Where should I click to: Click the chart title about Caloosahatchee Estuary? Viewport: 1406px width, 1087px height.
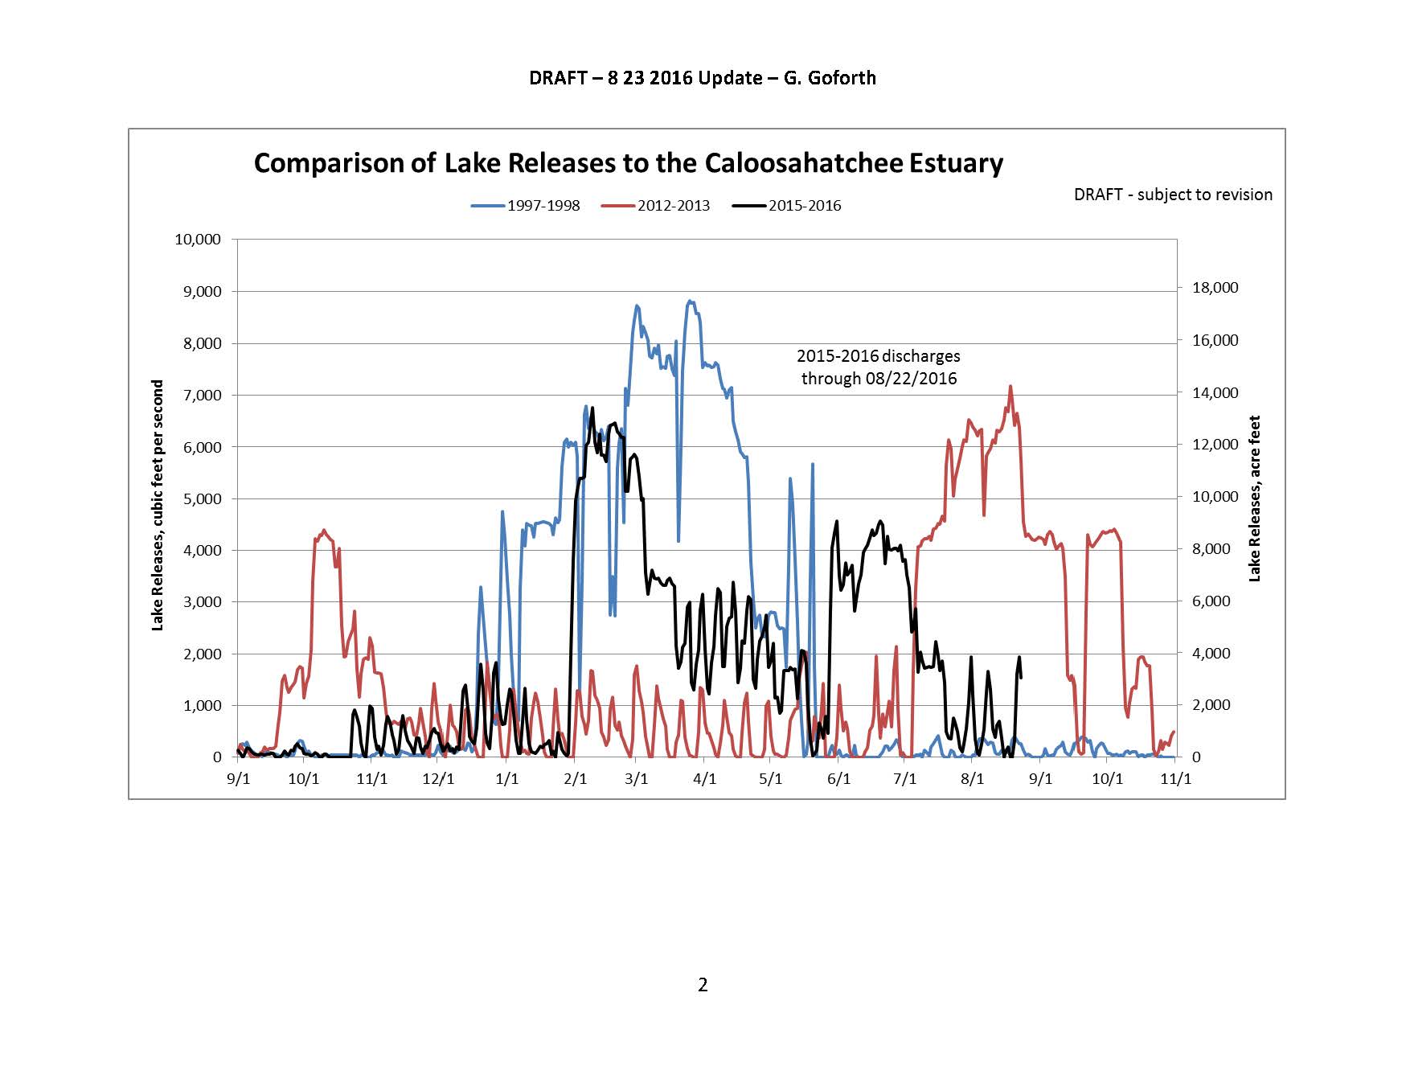point(628,163)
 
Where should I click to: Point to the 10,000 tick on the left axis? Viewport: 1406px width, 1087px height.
point(198,240)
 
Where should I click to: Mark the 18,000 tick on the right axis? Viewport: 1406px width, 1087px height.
point(1214,288)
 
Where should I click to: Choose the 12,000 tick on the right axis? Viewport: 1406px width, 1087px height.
point(1214,445)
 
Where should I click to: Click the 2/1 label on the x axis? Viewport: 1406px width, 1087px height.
point(576,779)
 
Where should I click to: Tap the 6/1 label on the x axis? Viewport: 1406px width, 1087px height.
point(838,779)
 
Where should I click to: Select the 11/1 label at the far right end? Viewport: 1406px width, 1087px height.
point(1177,779)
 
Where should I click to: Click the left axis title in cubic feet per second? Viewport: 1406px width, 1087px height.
point(158,505)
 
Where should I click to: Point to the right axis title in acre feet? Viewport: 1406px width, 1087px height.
point(1255,498)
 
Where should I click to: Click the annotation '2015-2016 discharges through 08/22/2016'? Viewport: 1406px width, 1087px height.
point(879,367)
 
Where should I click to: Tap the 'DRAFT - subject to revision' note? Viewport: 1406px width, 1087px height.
point(1173,195)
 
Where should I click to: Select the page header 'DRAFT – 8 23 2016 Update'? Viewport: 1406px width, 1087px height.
point(702,78)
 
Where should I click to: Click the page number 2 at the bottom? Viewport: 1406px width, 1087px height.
point(703,985)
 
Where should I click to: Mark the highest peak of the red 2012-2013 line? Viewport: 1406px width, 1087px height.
point(1010,387)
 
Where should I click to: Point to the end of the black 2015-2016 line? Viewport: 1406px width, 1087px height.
point(1020,677)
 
